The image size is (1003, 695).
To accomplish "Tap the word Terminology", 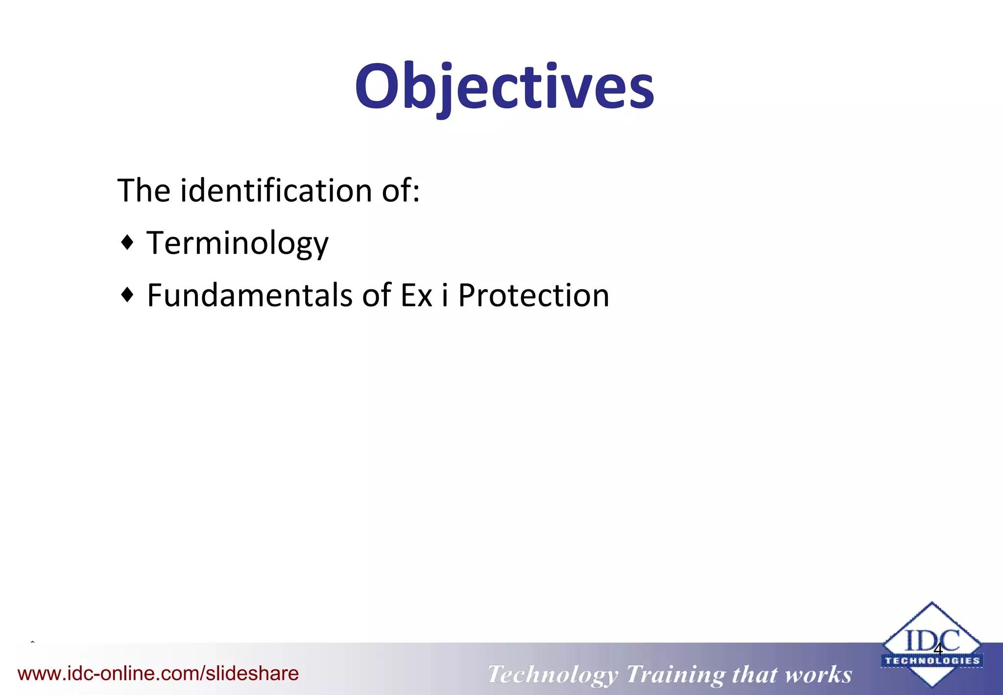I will click(238, 243).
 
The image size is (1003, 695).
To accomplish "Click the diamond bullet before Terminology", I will click(127, 242).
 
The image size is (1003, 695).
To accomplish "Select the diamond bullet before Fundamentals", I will click(127, 295).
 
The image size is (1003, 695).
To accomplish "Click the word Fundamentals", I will click(250, 296).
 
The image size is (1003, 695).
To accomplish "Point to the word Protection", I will click(534, 296).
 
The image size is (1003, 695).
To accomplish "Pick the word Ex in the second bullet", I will click(416, 296).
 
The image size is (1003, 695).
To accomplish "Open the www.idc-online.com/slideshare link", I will click(158, 673).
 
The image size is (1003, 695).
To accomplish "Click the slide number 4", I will click(938, 650).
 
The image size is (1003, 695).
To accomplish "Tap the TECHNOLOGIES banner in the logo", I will click(932, 661).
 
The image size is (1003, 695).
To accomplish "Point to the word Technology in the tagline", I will click(552, 674).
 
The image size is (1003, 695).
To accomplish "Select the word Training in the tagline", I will click(676, 674).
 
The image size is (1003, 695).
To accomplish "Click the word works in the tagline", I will click(818, 674).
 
